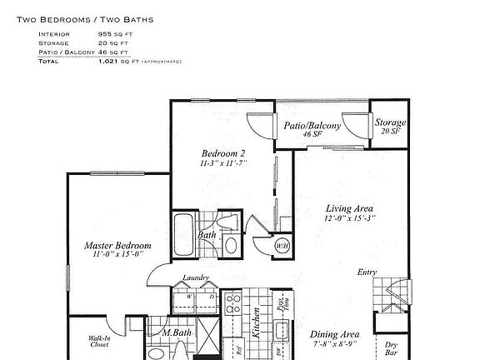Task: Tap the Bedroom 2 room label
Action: pyautogui.click(x=223, y=153)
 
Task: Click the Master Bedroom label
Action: pyautogui.click(x=117, y=246)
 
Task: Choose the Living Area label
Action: pyautogui.click(x=349, y=208)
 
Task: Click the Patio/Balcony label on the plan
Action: pyautogui.click(x=312, y=125)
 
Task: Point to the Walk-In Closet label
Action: pyautogui.click(x=101, y=342)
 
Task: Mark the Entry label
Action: pyautogui.click(x=367, y=272)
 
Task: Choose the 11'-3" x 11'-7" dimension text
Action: pyautogui.click(x=223, y=163)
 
